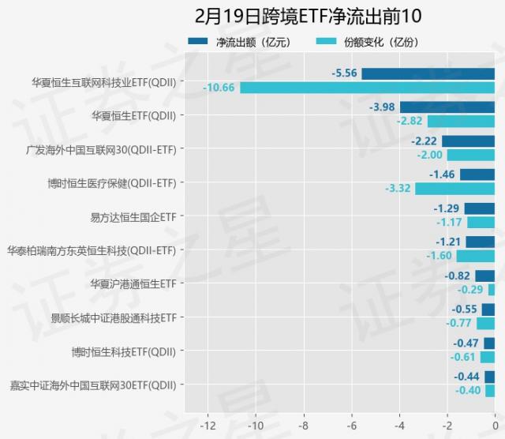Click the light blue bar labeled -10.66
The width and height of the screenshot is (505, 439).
pos(367,87)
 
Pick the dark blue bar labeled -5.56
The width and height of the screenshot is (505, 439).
pos(428,73)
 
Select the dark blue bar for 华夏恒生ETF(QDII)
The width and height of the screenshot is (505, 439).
pos(447,107)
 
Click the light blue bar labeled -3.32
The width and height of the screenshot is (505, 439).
pos(454,189)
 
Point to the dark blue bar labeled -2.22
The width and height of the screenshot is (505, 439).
pos(468,141)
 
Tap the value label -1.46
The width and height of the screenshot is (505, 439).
pos(441,174)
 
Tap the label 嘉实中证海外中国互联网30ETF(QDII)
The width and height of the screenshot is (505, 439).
pos(93,385)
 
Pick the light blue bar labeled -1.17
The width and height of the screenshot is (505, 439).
pos(481,223)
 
